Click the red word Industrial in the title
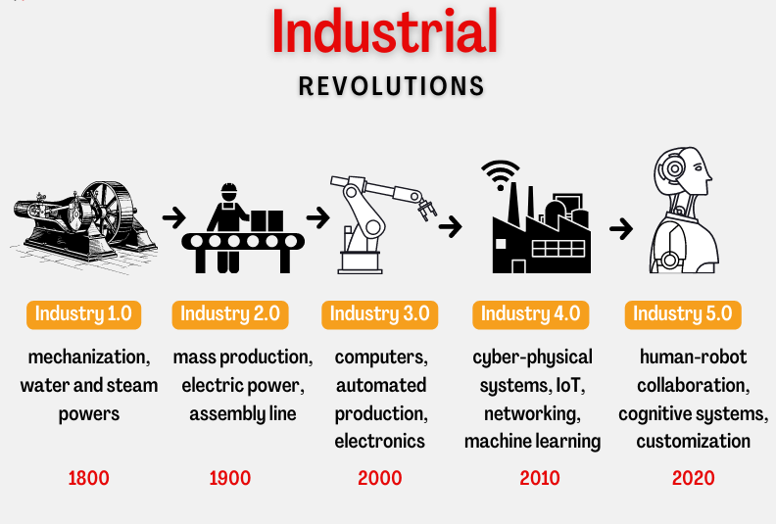click(385, 32)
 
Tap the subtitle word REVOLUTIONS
click(391, 86)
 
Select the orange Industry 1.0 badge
click(83, 314)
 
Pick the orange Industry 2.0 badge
click(230, 314)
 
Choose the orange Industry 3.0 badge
click(379, 314)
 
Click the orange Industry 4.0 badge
click(530, 314)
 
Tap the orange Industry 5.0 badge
click(682, 314)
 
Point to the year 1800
click(88, 479)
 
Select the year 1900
click(230, 479)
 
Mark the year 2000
click(379, 479)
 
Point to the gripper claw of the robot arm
click(428, 209)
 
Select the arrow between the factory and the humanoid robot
click(620, 229)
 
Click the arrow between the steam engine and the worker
click(173, 216)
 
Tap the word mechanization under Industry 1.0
click(89, 357)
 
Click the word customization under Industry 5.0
click(693, 442)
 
